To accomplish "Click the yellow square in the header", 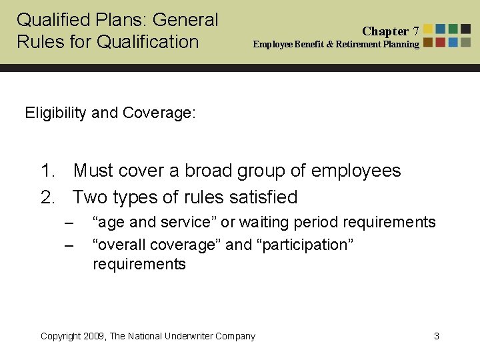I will coord(429,29).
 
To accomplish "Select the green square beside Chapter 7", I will coord(453,29).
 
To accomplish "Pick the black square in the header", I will coord(465,29).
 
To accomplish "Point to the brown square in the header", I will coord(429,42).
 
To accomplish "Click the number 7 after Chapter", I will coord(416,31).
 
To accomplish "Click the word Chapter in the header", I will coord(385,31).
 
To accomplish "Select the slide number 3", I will coord(437,336).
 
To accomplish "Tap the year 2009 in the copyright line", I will coord(93,336).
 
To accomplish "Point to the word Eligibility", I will coord(56,113).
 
